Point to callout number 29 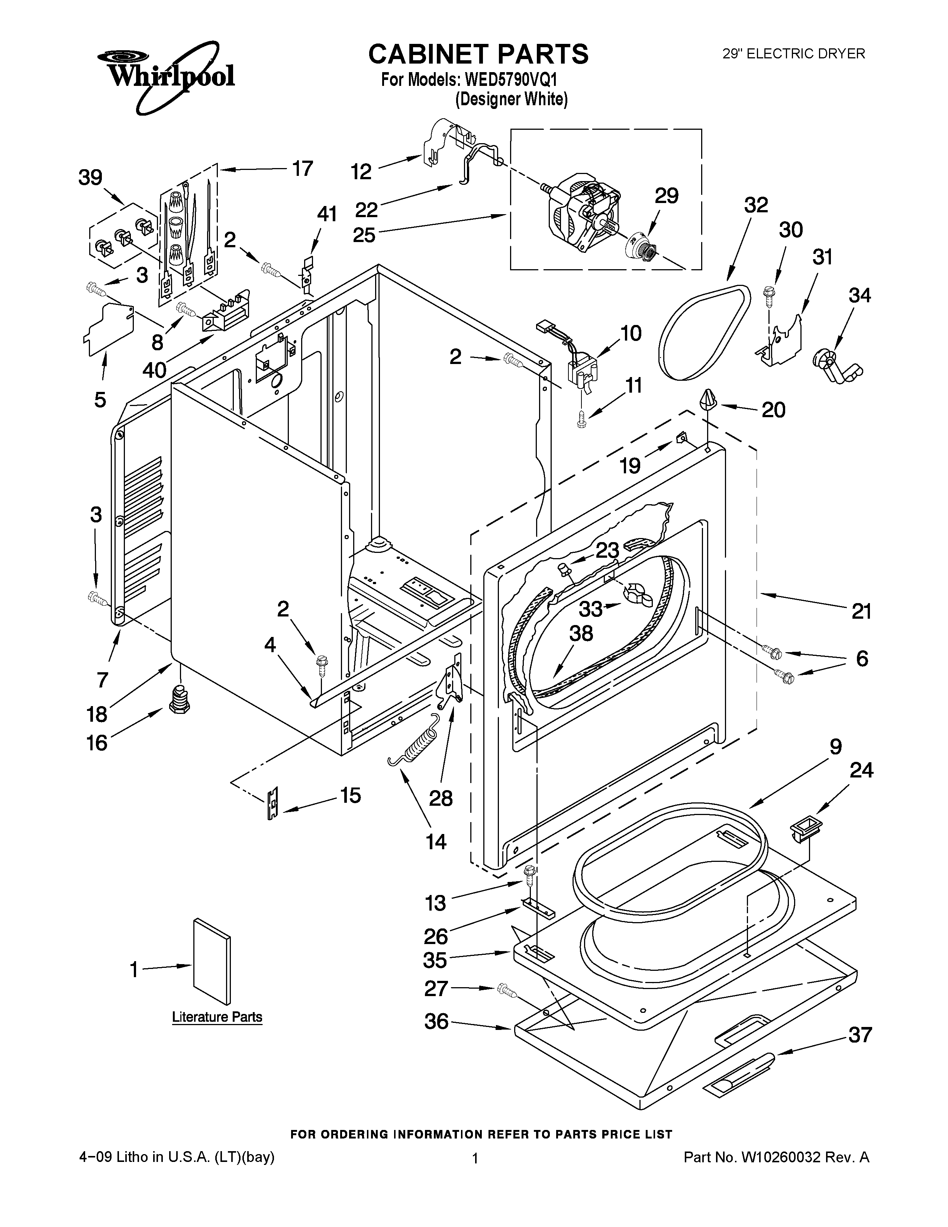(666, 196)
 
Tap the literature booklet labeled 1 (211, 961)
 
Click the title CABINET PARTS (478, 54)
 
